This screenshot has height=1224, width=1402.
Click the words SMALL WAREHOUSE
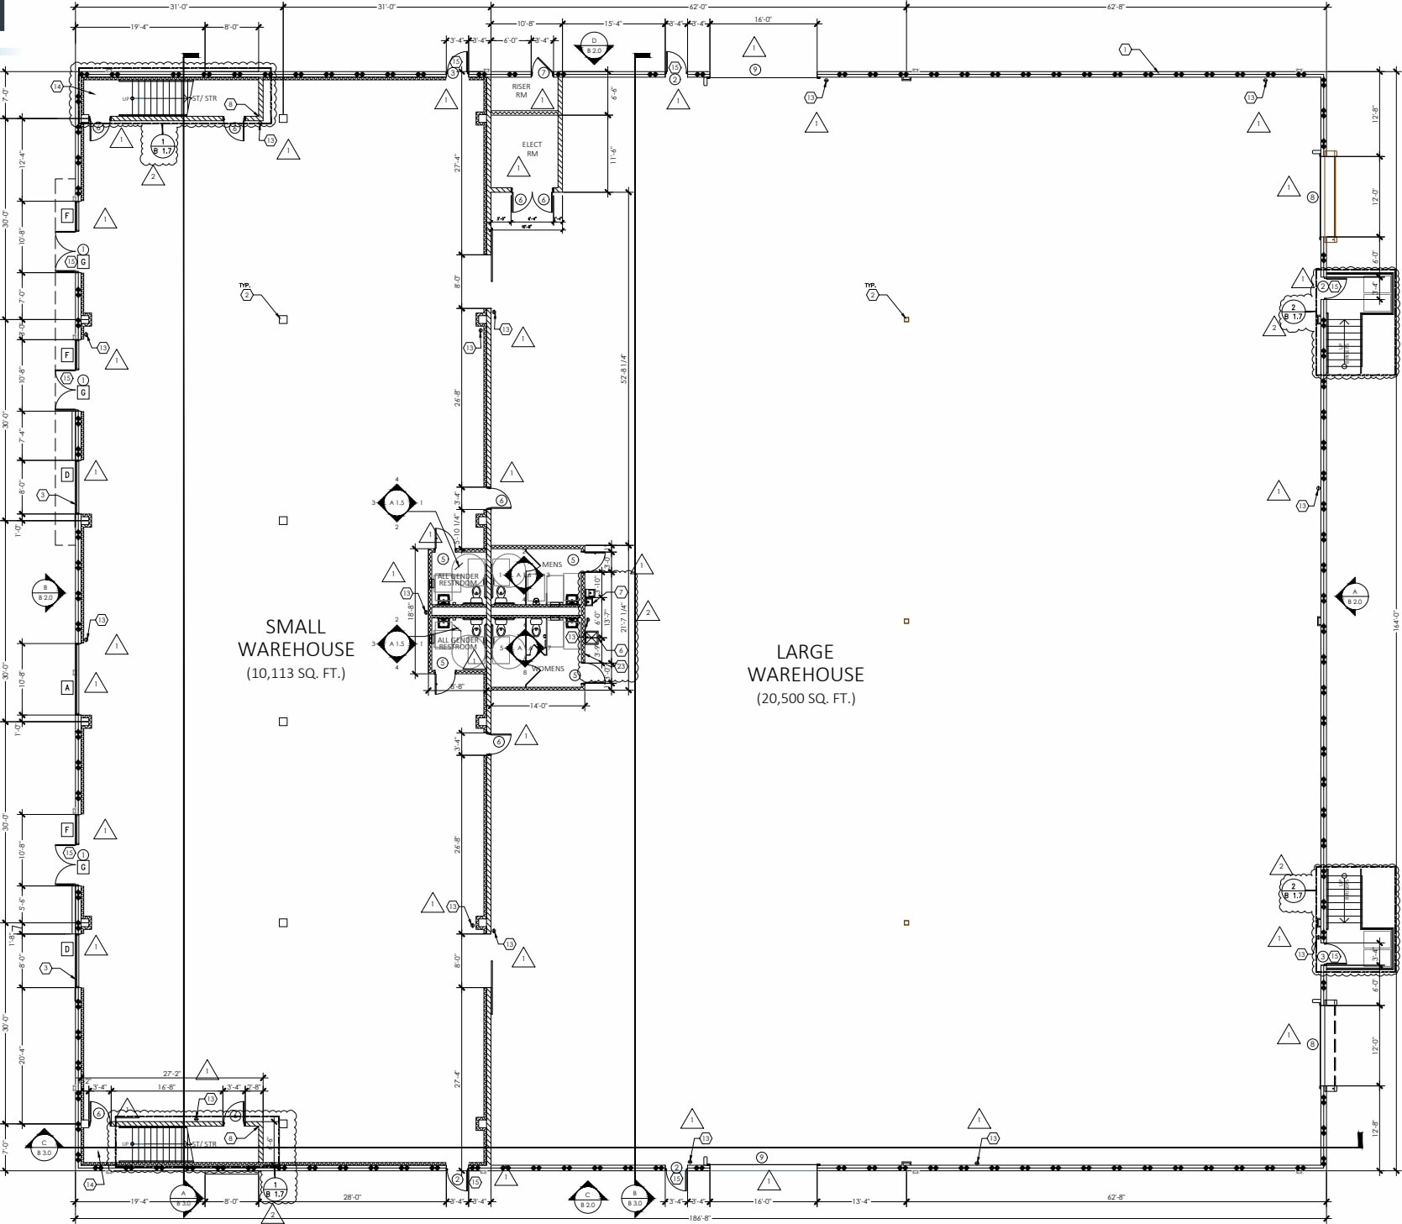click(x=296, y=638)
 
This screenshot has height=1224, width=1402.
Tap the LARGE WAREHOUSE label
click(x=806, y=663)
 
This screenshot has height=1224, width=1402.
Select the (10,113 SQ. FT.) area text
click(x=296, y=673)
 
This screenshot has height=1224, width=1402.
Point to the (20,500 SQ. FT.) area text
click(x=806, y=698)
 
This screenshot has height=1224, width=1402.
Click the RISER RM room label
click(x=521, y=91)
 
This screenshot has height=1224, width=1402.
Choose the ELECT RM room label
click(x=532, y=149)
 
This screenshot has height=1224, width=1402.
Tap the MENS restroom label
click(x=552, y=565)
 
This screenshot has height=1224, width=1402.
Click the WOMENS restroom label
click(x=549, y=669)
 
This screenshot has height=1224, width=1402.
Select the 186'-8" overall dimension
click(x=699, y=1217)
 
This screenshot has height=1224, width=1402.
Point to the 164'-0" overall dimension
click(x=1396, y=620)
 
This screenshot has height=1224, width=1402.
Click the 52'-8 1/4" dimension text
click(x=624, y=369)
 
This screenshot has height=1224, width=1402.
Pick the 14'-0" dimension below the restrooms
click(x=538, y=706)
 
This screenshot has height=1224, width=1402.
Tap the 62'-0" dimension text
click(x=698, y=7)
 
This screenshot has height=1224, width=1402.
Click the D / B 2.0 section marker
click(x=594, y=46)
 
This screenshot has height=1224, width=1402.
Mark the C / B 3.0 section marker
click(x=44, y=1148)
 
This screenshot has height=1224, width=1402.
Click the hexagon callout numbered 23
click(x=621, y=666)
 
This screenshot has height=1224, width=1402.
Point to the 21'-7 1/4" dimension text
click(x=623, y=617)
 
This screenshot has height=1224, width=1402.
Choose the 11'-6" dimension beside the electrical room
click(x=614, y=155)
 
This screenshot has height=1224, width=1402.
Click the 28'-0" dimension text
click(x=352, y=1197)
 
